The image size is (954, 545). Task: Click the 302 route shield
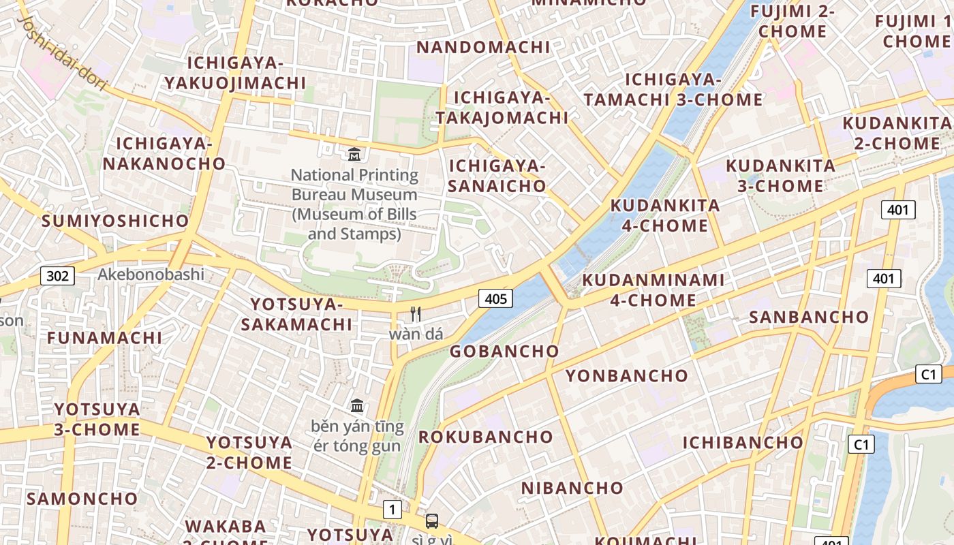[x=57, y=276]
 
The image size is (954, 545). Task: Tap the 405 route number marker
[x=495, y=298]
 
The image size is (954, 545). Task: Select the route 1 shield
[x=392, y=509]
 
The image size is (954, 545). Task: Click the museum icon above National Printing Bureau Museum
[x=354, y=155]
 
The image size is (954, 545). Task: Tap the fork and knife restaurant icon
[x=416, y=314]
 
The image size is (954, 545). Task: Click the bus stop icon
[x=432, y=521]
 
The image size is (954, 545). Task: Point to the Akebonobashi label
[x=151, y=275]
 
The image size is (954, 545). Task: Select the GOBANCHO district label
[x=504, y=352]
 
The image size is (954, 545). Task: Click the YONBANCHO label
[x=627, y=375]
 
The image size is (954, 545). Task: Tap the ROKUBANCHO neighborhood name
[x=486, y=437]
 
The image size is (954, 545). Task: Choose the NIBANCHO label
[x=572, y=488]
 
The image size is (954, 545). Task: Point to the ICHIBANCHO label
[x=743, y=442]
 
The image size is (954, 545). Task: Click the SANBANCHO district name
[x=809, y=317]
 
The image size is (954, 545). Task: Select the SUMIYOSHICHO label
[x=115, y=221]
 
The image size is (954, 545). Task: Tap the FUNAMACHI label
[x=104, y=337]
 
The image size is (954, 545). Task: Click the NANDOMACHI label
[x=483, y=47]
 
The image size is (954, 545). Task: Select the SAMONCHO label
[x=82, y=498]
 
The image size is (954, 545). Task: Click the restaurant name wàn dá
[x=416, y=334]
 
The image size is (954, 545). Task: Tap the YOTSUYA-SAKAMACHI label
[x=296, y=314]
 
